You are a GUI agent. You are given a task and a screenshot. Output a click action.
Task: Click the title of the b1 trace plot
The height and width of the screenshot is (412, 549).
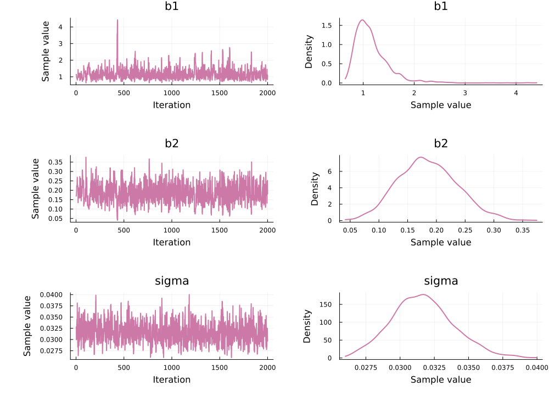pos(172,7)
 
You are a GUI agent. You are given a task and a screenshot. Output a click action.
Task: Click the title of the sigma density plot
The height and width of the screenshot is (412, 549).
pos(441,281)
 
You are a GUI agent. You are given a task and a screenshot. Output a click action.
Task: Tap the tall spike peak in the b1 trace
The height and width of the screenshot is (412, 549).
pos(117,20)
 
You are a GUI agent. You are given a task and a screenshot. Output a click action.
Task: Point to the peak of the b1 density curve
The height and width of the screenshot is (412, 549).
pos(362,20)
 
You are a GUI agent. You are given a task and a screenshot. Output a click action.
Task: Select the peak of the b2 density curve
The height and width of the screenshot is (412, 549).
pos(421,158)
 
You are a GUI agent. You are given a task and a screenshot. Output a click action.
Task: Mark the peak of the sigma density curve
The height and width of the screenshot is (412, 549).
pos(423,294)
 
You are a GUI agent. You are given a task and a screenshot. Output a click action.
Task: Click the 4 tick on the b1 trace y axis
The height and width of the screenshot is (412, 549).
pos(61,26)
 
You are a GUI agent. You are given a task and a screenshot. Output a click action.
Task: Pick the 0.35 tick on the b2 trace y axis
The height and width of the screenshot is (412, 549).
pos(55,162)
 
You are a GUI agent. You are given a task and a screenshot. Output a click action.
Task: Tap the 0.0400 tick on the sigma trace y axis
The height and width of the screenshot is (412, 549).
pos(53,295)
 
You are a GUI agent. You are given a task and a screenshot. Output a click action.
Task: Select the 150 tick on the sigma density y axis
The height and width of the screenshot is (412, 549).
pos(325,304)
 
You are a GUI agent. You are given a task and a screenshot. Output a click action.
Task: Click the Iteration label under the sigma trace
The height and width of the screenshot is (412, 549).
pos(172,380)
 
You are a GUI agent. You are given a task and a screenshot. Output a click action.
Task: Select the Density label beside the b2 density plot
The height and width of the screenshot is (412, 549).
pos(315,188)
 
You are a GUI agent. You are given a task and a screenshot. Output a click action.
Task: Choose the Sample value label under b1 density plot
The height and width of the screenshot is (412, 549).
pos(441,105)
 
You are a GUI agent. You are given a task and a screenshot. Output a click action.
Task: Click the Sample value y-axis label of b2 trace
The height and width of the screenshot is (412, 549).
pos(36,188)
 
